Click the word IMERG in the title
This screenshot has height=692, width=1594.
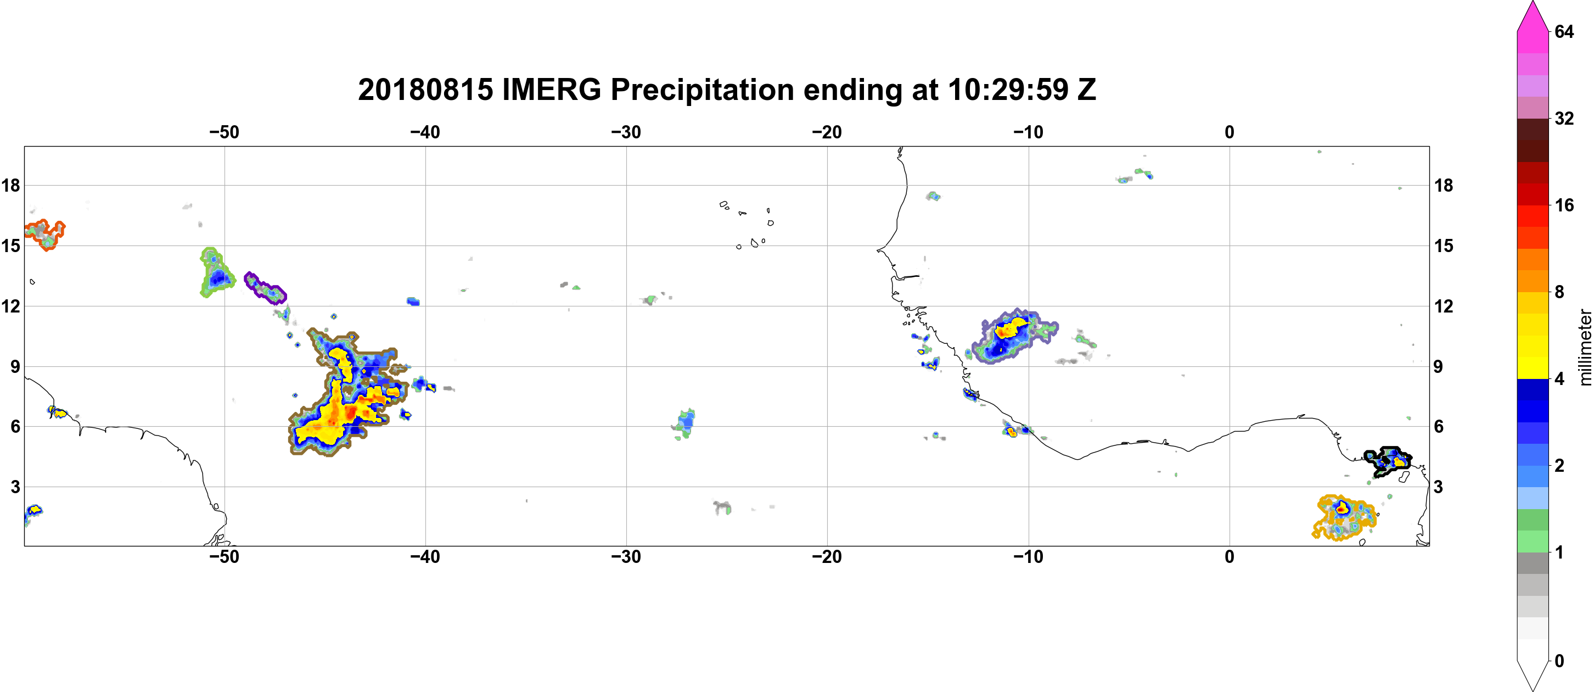551,90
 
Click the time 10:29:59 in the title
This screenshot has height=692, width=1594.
1008,90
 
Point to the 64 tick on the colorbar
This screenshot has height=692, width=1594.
1564,31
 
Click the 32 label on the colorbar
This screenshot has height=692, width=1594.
1564,118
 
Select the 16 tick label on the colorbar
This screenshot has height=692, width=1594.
1564,205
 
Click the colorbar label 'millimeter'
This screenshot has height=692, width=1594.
1585,347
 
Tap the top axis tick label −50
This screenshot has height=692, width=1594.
224,132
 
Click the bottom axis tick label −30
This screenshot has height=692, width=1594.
626,556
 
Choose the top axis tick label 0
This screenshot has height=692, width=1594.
1229,132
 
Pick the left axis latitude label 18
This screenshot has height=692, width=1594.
10,185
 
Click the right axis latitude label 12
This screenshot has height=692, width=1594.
1444,306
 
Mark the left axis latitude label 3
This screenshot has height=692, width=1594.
15,487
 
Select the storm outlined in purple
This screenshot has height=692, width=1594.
265,288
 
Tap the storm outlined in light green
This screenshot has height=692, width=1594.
216,272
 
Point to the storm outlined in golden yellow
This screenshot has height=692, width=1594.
1343,517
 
